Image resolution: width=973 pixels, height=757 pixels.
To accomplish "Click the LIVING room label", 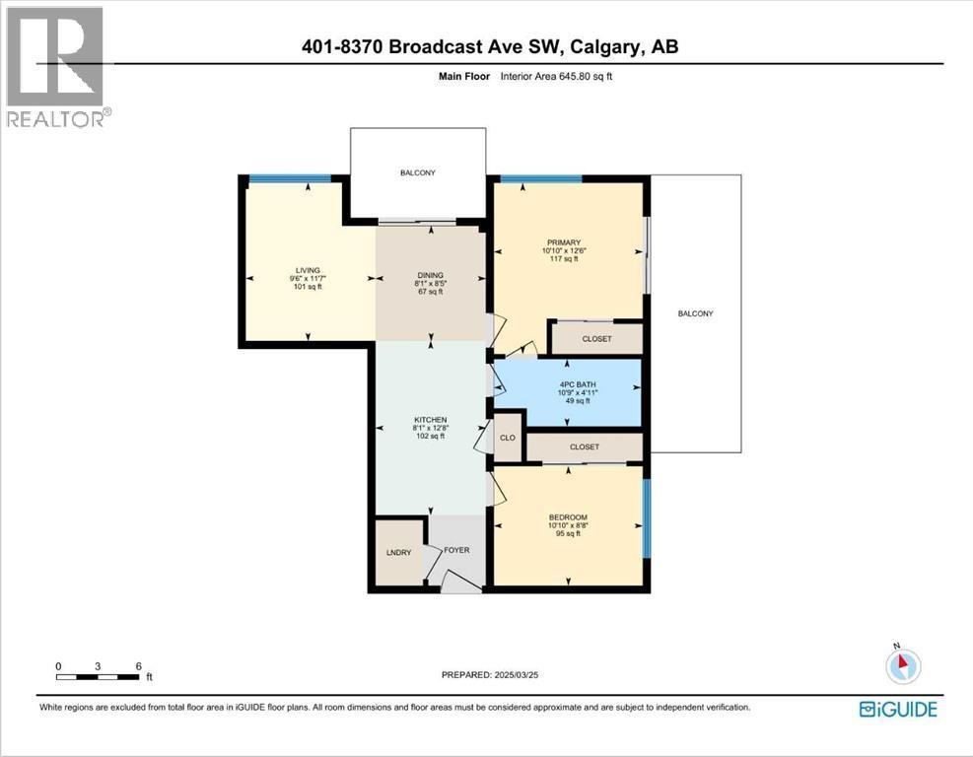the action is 308,270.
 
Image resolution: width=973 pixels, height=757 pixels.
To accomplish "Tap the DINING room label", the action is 430,275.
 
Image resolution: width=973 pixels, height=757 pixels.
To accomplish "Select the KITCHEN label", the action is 430,420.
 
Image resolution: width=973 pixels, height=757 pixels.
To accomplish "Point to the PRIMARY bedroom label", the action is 564,242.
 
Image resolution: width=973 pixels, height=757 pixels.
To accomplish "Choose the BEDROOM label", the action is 568,517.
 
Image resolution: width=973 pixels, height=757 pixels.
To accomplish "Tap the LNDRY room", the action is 399,552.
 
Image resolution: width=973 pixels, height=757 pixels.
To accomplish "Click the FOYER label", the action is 456,550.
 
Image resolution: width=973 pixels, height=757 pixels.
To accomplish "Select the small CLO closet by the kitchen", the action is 508,438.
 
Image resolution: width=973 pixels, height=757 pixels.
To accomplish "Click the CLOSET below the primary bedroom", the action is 597,339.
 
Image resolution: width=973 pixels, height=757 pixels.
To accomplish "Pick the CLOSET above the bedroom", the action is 585,447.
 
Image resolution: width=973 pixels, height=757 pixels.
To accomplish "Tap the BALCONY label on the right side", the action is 696,314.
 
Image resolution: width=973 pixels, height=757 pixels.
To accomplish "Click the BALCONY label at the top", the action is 418,173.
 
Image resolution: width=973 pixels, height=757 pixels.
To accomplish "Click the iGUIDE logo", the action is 898,710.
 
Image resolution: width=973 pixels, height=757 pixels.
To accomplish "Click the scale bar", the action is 98,677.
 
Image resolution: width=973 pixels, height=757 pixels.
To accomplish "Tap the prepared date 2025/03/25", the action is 515,674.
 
